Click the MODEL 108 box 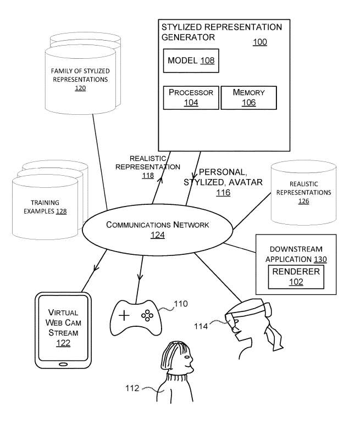191,60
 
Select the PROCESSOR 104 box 191,98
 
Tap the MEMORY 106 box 248,98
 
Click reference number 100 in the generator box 260,42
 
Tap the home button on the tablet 63,364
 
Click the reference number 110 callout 181,303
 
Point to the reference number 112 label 132,389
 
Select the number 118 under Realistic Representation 148,176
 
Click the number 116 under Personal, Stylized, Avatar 223,193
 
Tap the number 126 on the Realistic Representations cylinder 303,202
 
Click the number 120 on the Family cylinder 81,88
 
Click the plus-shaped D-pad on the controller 125,315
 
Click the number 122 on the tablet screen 63,343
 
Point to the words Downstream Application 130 295,254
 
